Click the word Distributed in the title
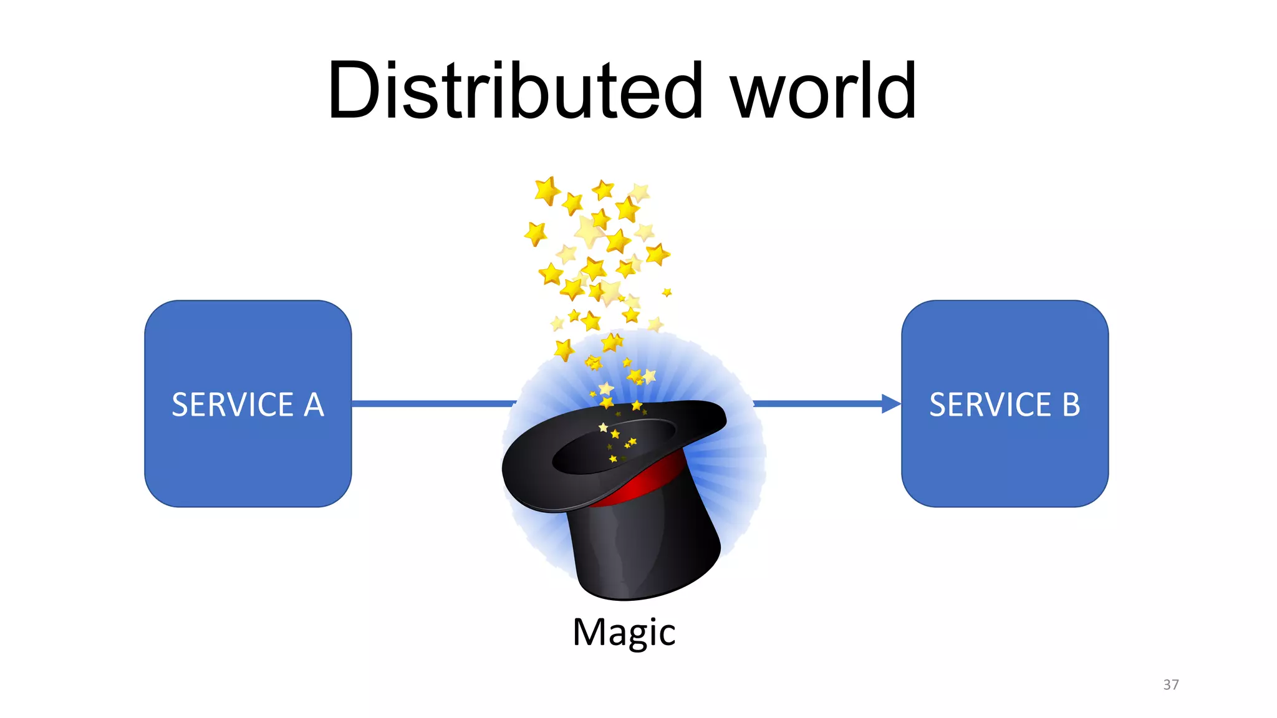click(515, 91)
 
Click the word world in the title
click(823, 91)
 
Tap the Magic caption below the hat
click(624, 633)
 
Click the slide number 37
click(1170, 684)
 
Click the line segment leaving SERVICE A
click(430, 404)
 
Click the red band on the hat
click(648, 484)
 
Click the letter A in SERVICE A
click(314, 405)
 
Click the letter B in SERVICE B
click(1071, 405)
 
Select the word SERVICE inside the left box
click(233, 405)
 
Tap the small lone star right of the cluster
click(667, 292)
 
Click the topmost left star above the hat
click(547, 190)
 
